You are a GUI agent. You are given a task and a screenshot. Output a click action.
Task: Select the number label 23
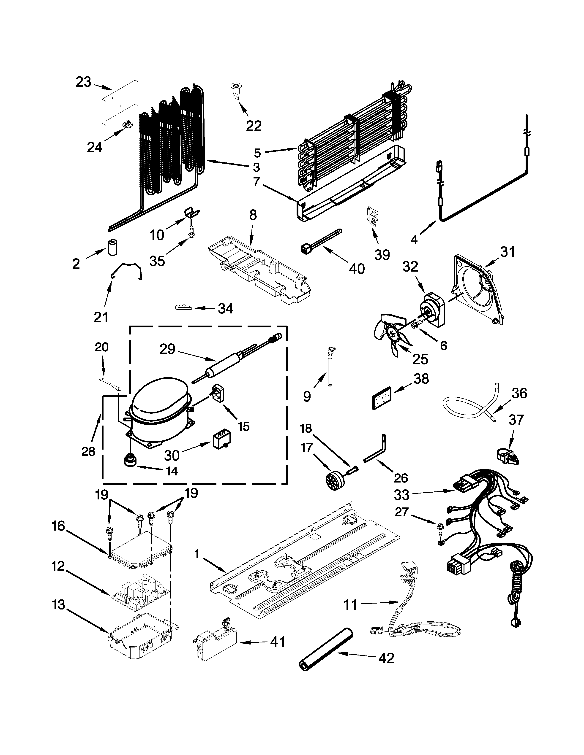point(83,82)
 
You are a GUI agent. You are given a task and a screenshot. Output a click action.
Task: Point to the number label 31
point(508,252)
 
